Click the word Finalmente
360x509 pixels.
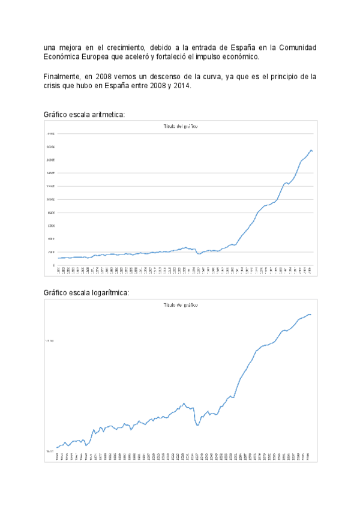(63, 77)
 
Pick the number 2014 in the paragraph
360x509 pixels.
(182, 86)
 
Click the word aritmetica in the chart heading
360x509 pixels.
(107, 114)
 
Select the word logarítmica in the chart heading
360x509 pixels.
(109, 292)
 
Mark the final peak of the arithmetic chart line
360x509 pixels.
(311, 149)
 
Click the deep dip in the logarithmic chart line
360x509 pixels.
(197, 425)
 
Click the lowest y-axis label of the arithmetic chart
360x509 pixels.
(53, 265)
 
